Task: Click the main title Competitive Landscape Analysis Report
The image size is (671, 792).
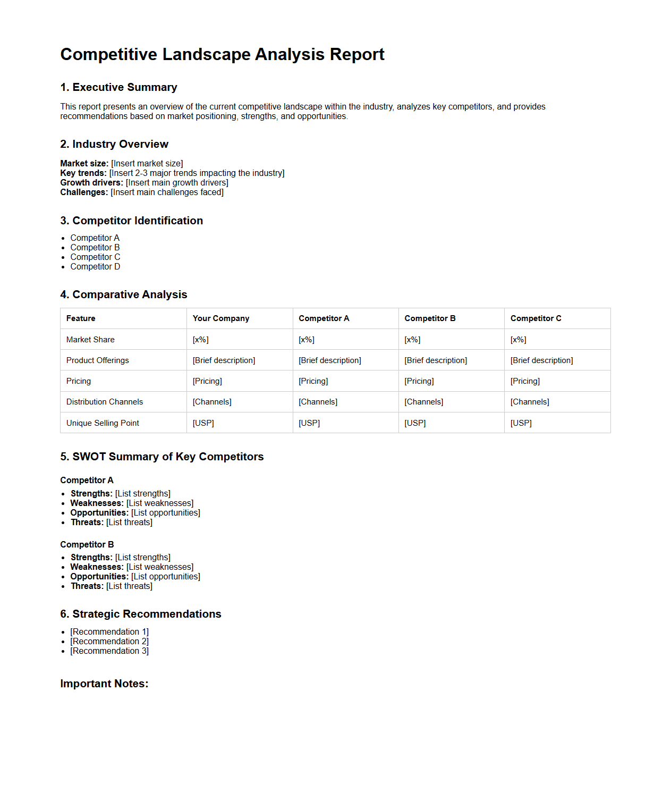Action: tap(222, 54)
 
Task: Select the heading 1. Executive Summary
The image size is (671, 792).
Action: tap(118, 87)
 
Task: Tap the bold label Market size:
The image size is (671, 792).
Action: tap(84, 163)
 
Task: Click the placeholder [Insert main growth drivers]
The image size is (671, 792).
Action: tap(177, 182)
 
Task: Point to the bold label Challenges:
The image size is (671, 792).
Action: tap(84, 192)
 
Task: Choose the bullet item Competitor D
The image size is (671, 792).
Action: tap(95, 266)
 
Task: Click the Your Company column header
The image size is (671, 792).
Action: tap(220, 318)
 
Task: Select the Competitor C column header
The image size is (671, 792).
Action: tap(536, 318)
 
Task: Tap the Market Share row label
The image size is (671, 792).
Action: tap(90, 339)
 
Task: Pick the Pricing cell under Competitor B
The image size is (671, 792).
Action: tap(419, 381)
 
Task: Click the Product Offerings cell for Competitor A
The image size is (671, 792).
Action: tap(330, 360)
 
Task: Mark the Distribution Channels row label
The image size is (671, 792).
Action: tap(105, 402)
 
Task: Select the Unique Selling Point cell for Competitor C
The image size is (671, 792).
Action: tap(521, 423)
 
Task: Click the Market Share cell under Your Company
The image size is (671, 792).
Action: tap(200, 339)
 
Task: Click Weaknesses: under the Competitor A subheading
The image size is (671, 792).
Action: tap(97, 503)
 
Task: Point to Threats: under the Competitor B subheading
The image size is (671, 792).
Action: tap(87, 586)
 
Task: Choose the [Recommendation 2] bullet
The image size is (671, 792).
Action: tap(109, 641)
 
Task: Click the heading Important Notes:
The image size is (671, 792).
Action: tap(104, 684)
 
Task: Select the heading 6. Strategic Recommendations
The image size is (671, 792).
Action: tap(140, 614)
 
